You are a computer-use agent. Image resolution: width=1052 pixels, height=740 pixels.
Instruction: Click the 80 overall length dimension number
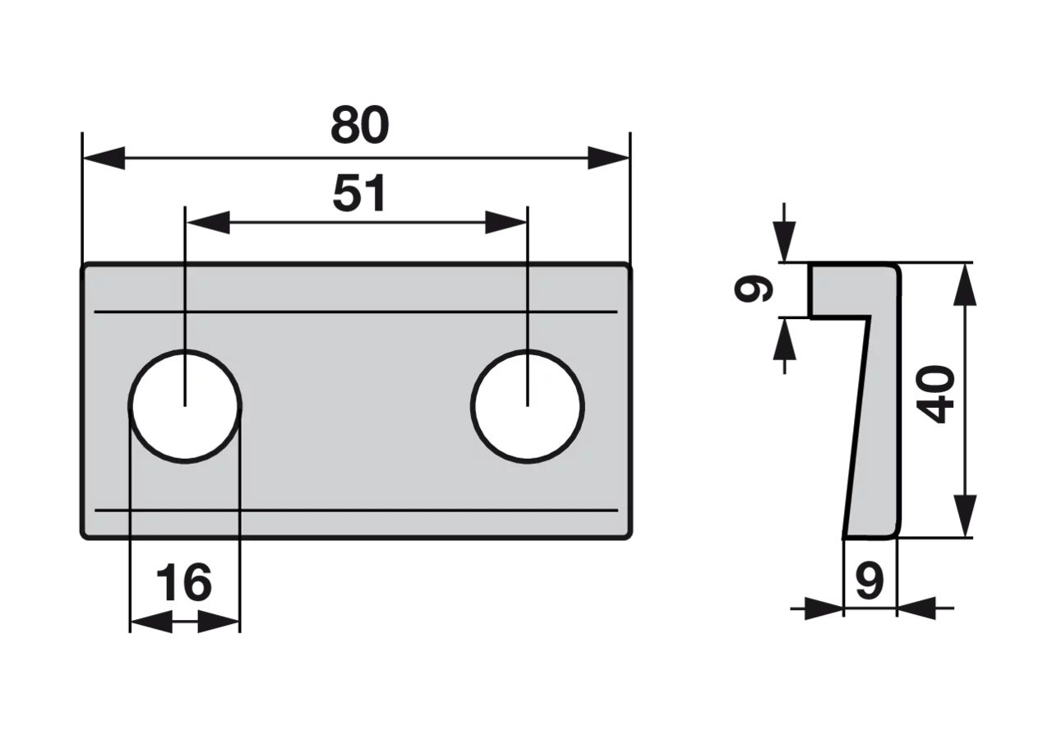[x=360, y=126]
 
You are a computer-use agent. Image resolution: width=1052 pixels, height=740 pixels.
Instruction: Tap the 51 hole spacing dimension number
[x=359, y=193]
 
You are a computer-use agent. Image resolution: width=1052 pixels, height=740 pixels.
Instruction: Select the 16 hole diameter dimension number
[x=183, y=583]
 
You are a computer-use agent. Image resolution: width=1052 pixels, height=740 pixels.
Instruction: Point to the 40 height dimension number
[x=936, y=395]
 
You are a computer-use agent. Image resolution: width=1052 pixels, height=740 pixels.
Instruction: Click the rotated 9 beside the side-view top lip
[x=753, y=288]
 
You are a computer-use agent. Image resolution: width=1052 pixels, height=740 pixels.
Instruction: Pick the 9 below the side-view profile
[x=870, y=581]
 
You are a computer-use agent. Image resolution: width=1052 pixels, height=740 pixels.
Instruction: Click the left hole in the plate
[x=185, y=406]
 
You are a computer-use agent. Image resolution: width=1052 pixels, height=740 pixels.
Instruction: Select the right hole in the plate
[x=528, y=406]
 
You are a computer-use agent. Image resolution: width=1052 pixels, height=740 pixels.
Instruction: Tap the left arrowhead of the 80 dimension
[x=104, y=159]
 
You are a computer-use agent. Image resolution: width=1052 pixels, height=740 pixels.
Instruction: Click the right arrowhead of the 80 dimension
[x=608, y=159]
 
